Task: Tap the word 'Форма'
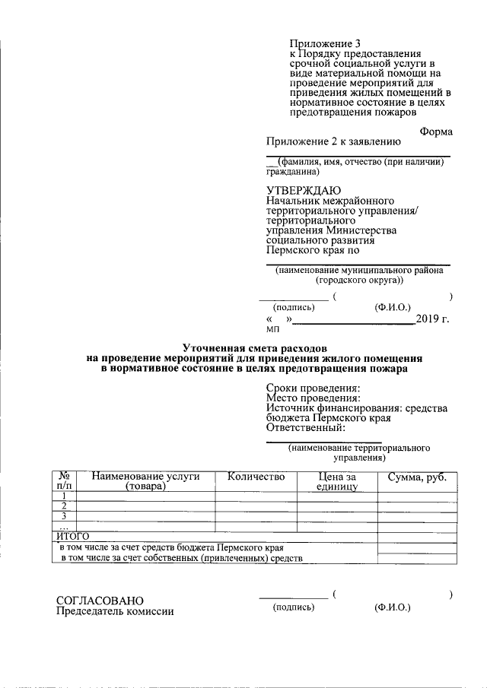(x=435, y=132)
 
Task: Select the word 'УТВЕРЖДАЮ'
(x=304, y=189)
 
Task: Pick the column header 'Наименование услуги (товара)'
(x=145, y=481)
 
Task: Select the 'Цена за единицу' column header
(x=337, y=481)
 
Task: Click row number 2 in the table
(x=65, y=506)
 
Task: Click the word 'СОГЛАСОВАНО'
(x=100, y=601)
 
